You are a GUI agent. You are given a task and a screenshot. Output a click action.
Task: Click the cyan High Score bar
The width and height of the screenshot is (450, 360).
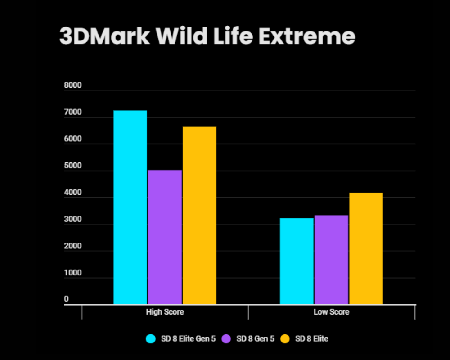coord(130,207)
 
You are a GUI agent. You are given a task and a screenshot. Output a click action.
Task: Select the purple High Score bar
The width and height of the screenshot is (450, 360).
coord(165,237)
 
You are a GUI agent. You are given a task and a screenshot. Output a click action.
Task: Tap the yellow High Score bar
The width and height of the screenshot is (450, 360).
coord(199,216)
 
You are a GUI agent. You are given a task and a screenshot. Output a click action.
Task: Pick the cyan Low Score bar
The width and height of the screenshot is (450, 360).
coord(297,261)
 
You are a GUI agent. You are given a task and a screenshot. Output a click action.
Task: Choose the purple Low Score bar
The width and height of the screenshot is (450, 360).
coord(331,260)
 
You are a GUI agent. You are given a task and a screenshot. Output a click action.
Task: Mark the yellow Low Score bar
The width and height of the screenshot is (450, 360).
coord(366,248)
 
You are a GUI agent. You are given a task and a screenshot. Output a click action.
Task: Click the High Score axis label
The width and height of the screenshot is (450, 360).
coord(165,312)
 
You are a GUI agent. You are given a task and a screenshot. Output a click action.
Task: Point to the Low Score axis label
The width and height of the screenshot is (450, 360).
coord(331,312)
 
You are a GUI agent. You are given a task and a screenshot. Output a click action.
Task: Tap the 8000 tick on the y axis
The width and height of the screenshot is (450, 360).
coord(73,85)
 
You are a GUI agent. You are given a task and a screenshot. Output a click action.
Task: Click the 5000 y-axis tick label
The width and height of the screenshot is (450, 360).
coord(73,166)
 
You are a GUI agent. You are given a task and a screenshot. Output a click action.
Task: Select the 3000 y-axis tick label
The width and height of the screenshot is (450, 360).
coord(73,220)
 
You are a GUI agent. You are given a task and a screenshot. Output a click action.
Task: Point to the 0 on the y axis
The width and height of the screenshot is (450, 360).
coord(66,299)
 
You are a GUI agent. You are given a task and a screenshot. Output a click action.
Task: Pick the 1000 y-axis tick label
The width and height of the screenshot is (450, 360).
coord(73,273)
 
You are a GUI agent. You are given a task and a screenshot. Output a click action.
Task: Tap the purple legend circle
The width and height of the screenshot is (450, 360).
coord(226,338)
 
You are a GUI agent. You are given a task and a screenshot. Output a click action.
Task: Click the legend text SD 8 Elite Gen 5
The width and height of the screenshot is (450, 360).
coord(188,338)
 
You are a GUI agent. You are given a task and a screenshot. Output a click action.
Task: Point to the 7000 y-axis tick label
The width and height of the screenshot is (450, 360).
coord(73,112)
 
